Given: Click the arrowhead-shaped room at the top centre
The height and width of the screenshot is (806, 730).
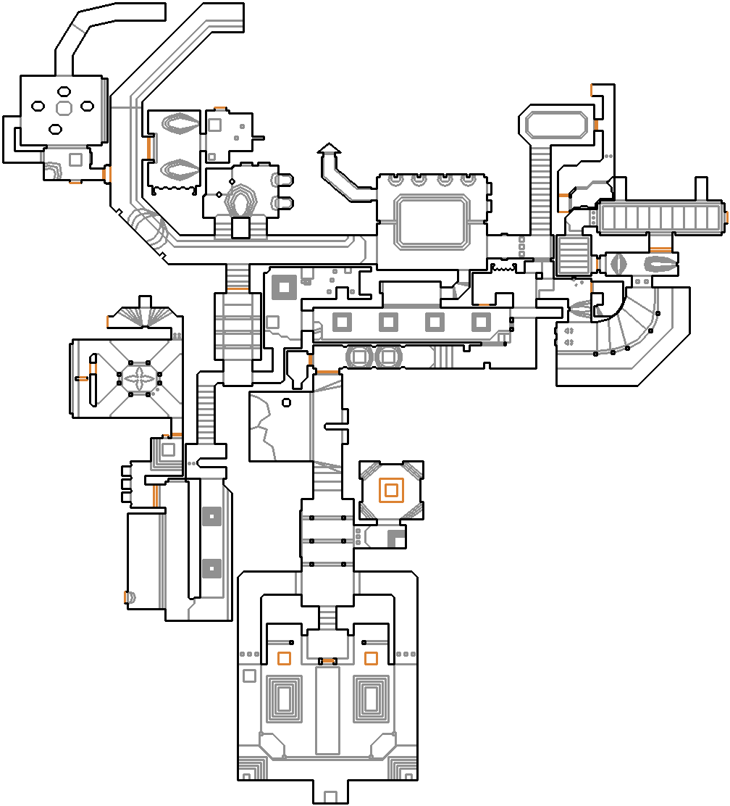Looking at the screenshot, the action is [x=329, y=149].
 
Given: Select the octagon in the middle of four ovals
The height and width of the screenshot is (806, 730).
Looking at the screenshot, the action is [x=63, y=108].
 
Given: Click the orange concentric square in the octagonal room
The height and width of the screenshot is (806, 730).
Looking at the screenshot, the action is [x=391, y=490].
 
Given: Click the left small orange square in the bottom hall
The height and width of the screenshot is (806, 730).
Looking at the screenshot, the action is [x=285, y=658].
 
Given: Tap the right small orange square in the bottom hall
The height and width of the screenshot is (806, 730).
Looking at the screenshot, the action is [x=371, y=658].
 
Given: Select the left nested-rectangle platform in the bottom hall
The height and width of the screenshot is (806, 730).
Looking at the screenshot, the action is [x=285, y=699].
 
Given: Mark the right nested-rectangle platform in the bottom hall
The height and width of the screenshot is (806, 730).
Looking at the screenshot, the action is [x=371, y=699].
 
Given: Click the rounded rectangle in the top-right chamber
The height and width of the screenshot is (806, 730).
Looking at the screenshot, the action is [x=556, y=125].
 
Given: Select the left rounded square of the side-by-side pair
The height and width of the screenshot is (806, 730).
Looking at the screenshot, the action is [x=359, y=357].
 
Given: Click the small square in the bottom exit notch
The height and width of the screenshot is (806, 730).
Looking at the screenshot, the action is [x=330, y=796].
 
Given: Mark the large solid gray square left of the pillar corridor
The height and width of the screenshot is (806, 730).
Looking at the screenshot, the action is [x=282, y=288].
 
